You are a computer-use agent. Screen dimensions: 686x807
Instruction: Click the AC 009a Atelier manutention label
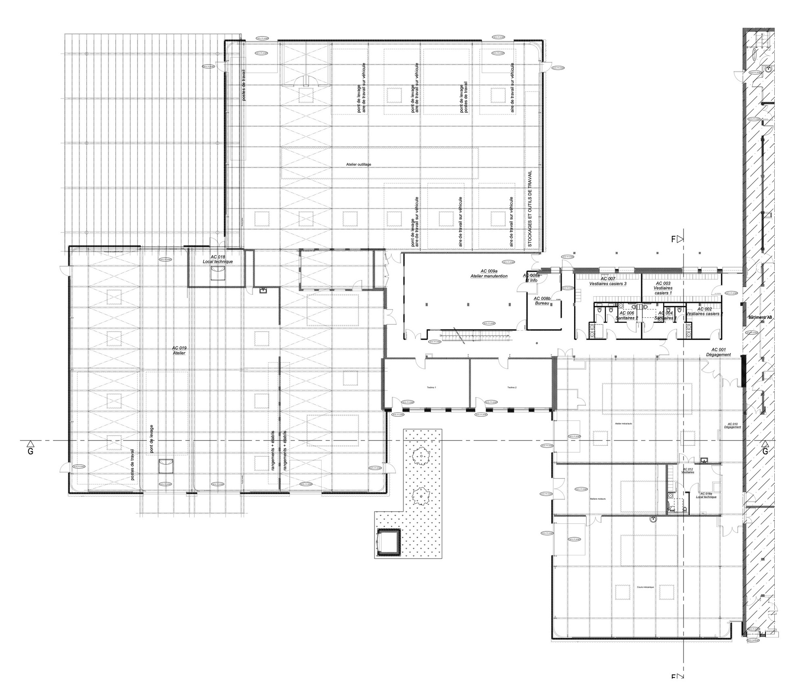(489, 273)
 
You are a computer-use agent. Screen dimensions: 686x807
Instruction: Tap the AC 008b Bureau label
(542, 300)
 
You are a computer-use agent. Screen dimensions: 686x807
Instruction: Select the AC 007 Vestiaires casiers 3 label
(608, 281)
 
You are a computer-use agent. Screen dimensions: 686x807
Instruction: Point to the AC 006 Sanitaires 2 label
(626, 315)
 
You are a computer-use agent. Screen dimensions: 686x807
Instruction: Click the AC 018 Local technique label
(217, 259)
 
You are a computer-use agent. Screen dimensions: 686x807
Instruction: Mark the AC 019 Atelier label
(179, 350)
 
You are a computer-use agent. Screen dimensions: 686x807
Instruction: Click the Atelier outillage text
(358, 164)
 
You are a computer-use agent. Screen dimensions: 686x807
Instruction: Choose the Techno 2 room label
(512, 387)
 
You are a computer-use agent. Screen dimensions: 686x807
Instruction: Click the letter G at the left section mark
(30, 451)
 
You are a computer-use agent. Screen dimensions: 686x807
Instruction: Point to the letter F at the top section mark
(673, 239)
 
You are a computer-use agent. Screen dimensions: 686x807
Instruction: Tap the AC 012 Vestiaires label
(688, 470)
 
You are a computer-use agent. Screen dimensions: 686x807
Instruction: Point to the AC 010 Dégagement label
(732, 426)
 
